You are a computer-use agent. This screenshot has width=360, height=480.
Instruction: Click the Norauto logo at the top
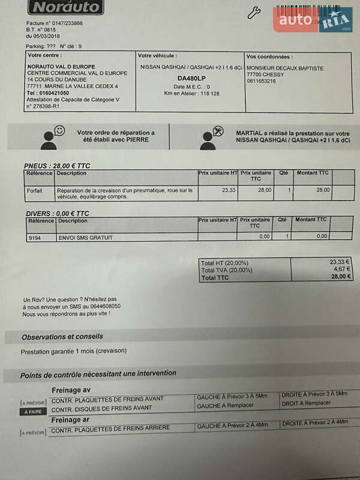(66, 7)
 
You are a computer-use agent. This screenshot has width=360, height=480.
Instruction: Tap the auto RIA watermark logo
(313, 20)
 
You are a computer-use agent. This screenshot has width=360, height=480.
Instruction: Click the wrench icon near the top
(254, 13)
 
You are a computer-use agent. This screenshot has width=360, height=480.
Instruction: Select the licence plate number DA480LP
(191, 78)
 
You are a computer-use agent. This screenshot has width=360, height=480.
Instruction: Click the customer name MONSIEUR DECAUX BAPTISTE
(285, 68)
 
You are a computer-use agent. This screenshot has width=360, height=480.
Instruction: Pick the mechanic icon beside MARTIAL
(211, 137)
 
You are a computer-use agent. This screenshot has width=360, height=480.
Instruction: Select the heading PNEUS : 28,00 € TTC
(57, 166)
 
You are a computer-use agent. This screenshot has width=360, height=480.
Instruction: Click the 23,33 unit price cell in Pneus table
(229, 190)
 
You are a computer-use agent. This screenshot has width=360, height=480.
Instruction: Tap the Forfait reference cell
(35, 190)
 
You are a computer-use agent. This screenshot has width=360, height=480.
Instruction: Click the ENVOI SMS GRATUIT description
(85, 237)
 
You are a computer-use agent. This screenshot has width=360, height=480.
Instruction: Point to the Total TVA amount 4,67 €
(340, 269)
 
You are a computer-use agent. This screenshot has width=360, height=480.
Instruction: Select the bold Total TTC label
(215, 278)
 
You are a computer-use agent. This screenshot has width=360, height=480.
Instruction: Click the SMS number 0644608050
(101, 306)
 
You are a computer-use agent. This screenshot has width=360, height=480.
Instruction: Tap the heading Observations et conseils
(62, 337)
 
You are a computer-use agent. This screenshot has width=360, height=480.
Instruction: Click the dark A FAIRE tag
(34, 412)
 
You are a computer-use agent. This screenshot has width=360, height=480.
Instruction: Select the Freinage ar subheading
(71, 419)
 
